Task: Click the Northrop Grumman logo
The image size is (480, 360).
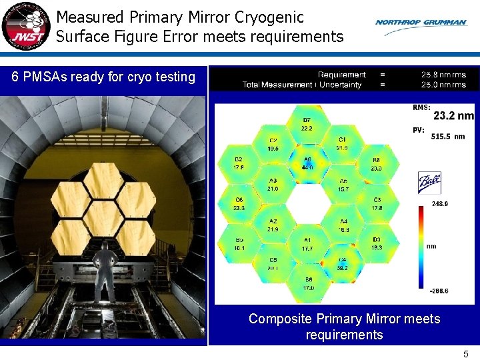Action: (x=421, y=23)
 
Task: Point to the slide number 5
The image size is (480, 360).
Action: (x=466, y=354)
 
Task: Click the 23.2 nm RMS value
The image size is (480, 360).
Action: (x=453, y=116)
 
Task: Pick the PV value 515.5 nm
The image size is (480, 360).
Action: (x=449, y=136)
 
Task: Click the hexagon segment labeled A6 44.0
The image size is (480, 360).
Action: (x=307, y=164)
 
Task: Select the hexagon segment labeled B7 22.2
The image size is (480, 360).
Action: (x=307, y=124)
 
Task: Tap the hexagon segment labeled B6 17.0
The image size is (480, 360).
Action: (x=308, y=283)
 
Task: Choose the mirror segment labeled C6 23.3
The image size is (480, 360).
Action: (x=239, y=204)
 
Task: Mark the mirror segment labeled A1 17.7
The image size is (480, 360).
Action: (x=307, y=244)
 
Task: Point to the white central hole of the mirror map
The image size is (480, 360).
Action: (x=307, y=204)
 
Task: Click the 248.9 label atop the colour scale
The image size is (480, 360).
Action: (x=439, y=204)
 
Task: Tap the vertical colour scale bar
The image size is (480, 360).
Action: (x=421, y=247)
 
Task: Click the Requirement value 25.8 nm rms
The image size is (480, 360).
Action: (x=443, y=75)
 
